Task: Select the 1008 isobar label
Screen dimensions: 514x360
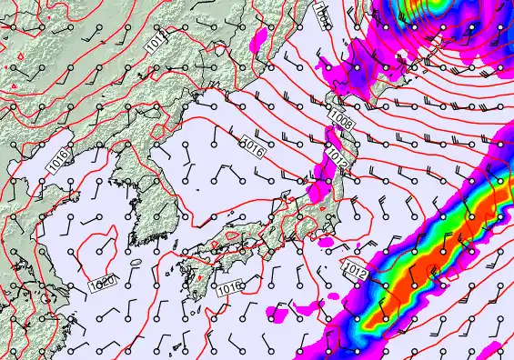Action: [x=343, y=117]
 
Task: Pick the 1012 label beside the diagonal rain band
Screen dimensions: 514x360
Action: [x=356, y=269]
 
